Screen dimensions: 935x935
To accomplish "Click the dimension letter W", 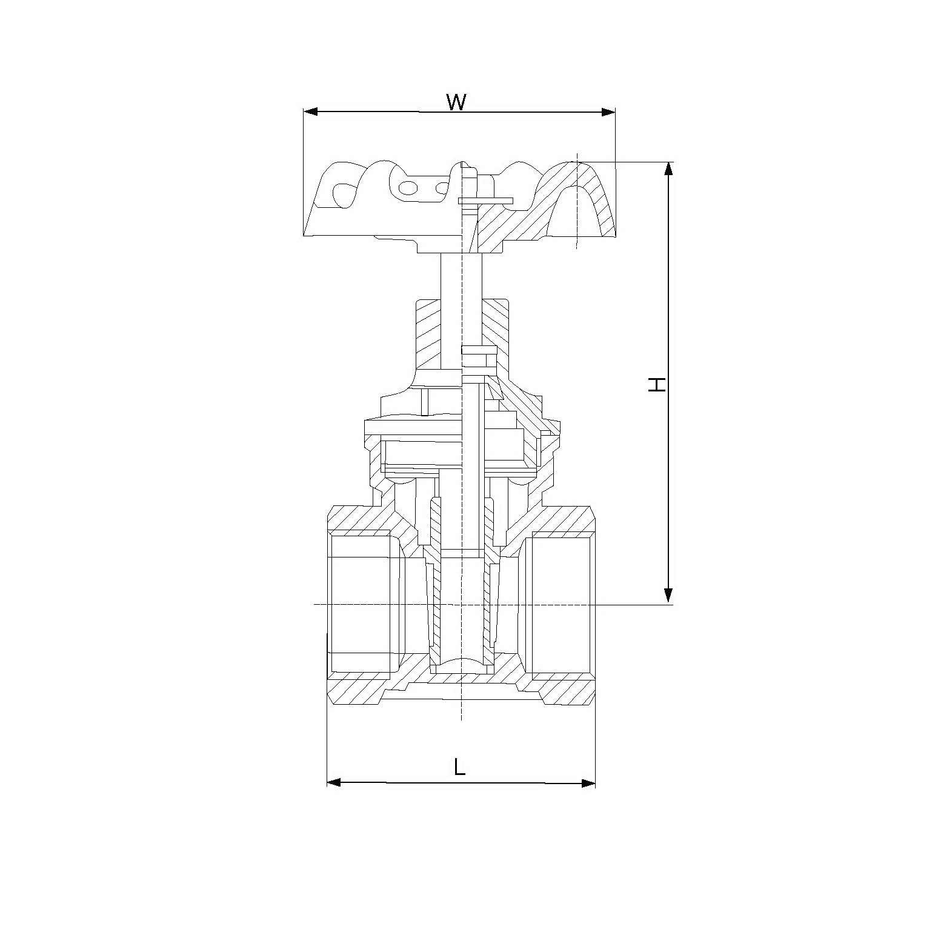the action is (x=456, y=102).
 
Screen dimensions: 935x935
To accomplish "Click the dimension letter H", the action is (x=657, y=384).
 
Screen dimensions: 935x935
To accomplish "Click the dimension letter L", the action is (x=459, y=767).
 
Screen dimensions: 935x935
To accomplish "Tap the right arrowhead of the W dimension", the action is (x=608, y=112).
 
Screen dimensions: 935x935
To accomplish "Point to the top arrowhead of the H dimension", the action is (x=668, y=169).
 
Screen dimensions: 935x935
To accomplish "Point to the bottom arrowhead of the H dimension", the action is (x=668, y=596).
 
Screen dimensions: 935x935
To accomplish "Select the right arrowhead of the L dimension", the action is (x=588, y=783).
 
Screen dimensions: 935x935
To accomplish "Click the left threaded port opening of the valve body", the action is (x=361, y=604).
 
